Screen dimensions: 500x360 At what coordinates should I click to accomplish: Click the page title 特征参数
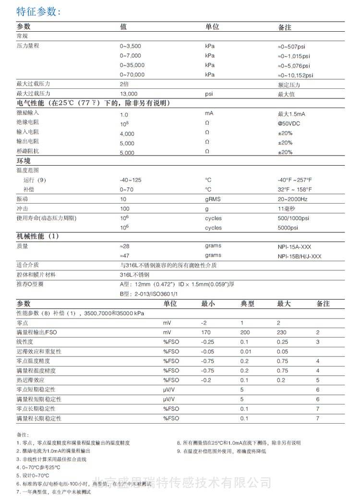tap(38, 12)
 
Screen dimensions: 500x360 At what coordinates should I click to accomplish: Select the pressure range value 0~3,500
tap(131, 47)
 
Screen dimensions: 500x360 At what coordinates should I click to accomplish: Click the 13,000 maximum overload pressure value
tap(129, 94)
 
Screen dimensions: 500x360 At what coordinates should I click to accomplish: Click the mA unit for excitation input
tap(209, 114)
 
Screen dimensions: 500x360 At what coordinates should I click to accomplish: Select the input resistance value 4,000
tap(127, 134)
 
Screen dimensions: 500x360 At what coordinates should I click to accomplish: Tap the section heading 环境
tap(24, 161)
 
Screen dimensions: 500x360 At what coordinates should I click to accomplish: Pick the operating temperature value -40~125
tap(131, 180)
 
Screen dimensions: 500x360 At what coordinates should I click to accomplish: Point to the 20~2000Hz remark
tap(293, 199)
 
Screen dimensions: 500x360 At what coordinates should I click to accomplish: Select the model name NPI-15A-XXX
tap(294, 246)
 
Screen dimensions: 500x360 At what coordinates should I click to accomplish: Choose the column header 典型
tap(247, 304)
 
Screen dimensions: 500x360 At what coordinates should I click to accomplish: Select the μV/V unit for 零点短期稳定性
tap(169, 390)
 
